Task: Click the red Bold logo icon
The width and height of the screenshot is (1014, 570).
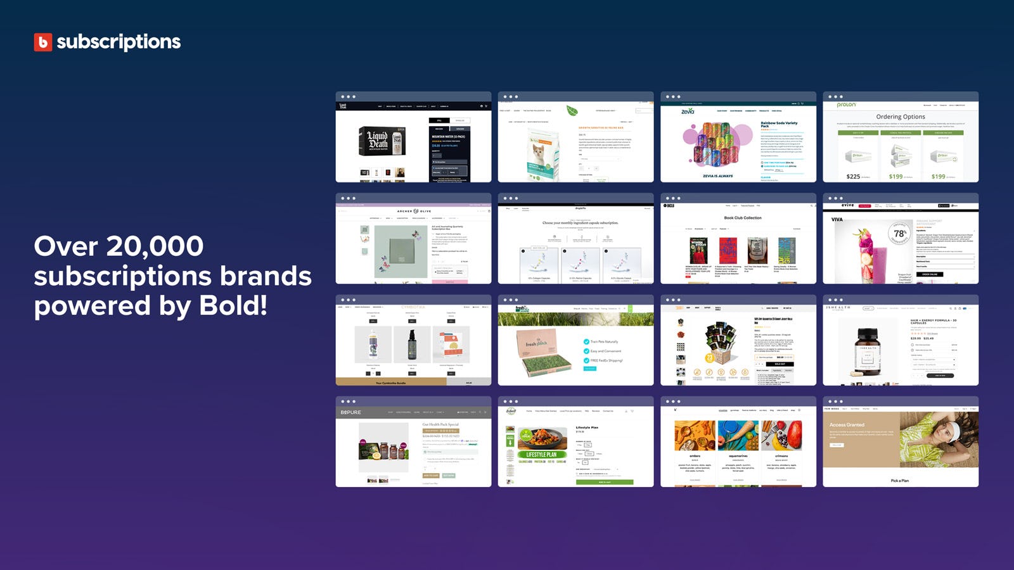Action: click(43, 42)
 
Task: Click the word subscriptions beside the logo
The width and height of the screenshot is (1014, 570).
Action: click(119, 42)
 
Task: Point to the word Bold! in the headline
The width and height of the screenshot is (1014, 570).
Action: click(233, 306)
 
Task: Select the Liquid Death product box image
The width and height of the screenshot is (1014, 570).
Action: click(378, 141)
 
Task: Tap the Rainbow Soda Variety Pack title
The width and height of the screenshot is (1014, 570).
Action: click(779, 124)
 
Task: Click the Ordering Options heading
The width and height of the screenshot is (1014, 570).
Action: click(901, 117)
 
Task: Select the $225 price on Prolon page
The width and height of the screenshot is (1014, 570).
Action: click(853, 177)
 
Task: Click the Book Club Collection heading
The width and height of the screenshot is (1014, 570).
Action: click(743, 218)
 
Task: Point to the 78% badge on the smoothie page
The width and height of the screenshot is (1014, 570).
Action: click(900, 234)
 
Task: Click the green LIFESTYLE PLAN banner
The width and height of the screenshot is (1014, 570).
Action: click(541, 454)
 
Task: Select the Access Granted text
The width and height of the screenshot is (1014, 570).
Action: click(847, 425)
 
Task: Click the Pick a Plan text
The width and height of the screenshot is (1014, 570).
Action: click(900, 481)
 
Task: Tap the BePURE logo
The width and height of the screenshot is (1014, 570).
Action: click(350, 412)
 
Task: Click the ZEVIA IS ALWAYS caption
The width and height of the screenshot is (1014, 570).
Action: click(718, 176)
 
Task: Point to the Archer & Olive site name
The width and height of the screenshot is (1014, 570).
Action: click(414, 212)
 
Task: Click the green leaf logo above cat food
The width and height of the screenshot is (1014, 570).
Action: click(572, 110)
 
